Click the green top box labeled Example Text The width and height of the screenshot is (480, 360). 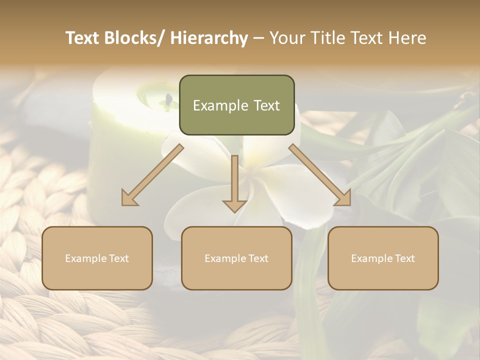click(x=236, y=105)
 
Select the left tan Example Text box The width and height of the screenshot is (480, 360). click(x=97, y=258)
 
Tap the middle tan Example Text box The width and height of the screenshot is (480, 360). click(x=236, y=258)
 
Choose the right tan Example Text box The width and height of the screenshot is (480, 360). click(x=383, y=258)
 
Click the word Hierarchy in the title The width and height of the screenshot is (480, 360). click(x=209, y=38)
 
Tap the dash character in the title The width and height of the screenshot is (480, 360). click(x=258, y=38)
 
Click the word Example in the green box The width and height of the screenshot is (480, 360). click(x=217, y=105)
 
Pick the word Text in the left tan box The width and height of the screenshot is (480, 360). click(x=119, y=258)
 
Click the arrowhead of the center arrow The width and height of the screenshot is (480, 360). click(x=234, y=205)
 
